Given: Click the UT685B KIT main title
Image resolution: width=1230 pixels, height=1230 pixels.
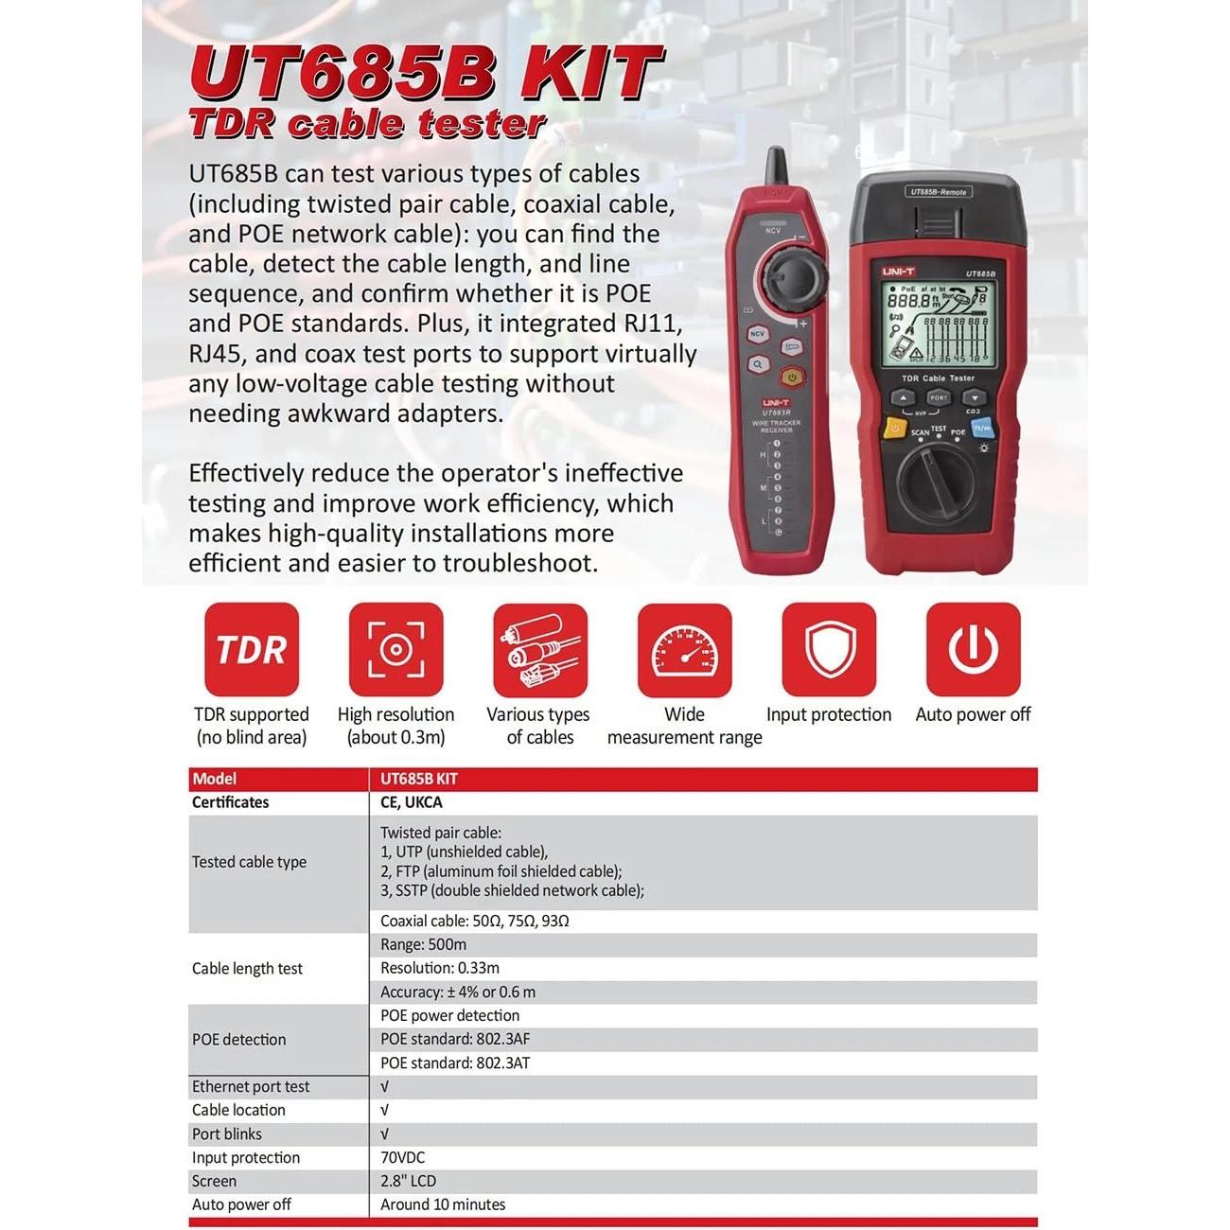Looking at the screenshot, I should (426, 73).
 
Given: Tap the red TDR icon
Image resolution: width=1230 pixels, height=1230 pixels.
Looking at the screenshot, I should (252, 650).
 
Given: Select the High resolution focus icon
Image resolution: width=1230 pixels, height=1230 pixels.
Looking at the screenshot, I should (395, 650).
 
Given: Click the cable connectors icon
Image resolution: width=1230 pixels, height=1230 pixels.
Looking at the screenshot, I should (540, 650).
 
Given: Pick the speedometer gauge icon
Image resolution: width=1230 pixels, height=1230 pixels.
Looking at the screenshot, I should (684, 650).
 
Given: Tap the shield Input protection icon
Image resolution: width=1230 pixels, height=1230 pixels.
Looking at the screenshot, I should (829, 650).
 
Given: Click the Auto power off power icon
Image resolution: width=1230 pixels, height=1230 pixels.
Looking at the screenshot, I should (973, 650).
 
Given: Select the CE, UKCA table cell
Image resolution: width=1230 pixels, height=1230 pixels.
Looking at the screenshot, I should (412, 802).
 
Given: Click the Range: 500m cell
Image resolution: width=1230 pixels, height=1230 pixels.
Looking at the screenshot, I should (423, 944).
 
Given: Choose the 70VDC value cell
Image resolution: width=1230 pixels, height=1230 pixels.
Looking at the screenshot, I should (403, 1157).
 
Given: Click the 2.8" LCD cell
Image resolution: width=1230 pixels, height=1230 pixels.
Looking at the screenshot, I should (408, 1181).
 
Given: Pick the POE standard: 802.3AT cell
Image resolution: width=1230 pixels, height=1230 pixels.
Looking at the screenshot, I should (455, 1063).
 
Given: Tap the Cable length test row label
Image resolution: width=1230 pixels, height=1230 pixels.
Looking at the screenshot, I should (248, 968).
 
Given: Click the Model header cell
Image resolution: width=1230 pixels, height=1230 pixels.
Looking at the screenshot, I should (215, 779).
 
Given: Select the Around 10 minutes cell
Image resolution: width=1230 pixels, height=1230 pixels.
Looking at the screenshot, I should (443, 1204).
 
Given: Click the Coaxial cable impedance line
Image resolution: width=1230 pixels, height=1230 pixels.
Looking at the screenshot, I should (474, 921).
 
